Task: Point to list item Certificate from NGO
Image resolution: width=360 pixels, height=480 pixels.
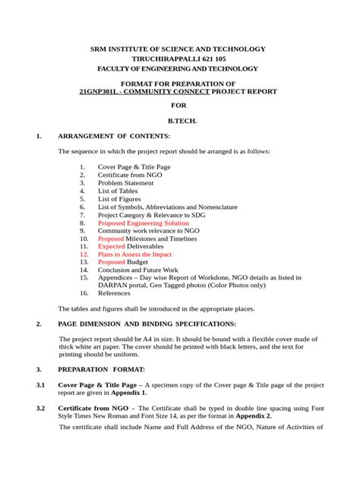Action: (x=130, y=175)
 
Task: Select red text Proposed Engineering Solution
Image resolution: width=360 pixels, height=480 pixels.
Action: (x=144, y=223)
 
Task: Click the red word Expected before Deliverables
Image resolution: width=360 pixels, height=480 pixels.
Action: (x=111, y=246)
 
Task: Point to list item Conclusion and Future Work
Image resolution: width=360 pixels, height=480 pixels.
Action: (x=138, y=270)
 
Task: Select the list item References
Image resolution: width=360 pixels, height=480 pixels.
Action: (x=114, y=292)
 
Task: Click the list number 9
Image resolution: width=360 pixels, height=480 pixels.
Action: (x=84, y=230)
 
